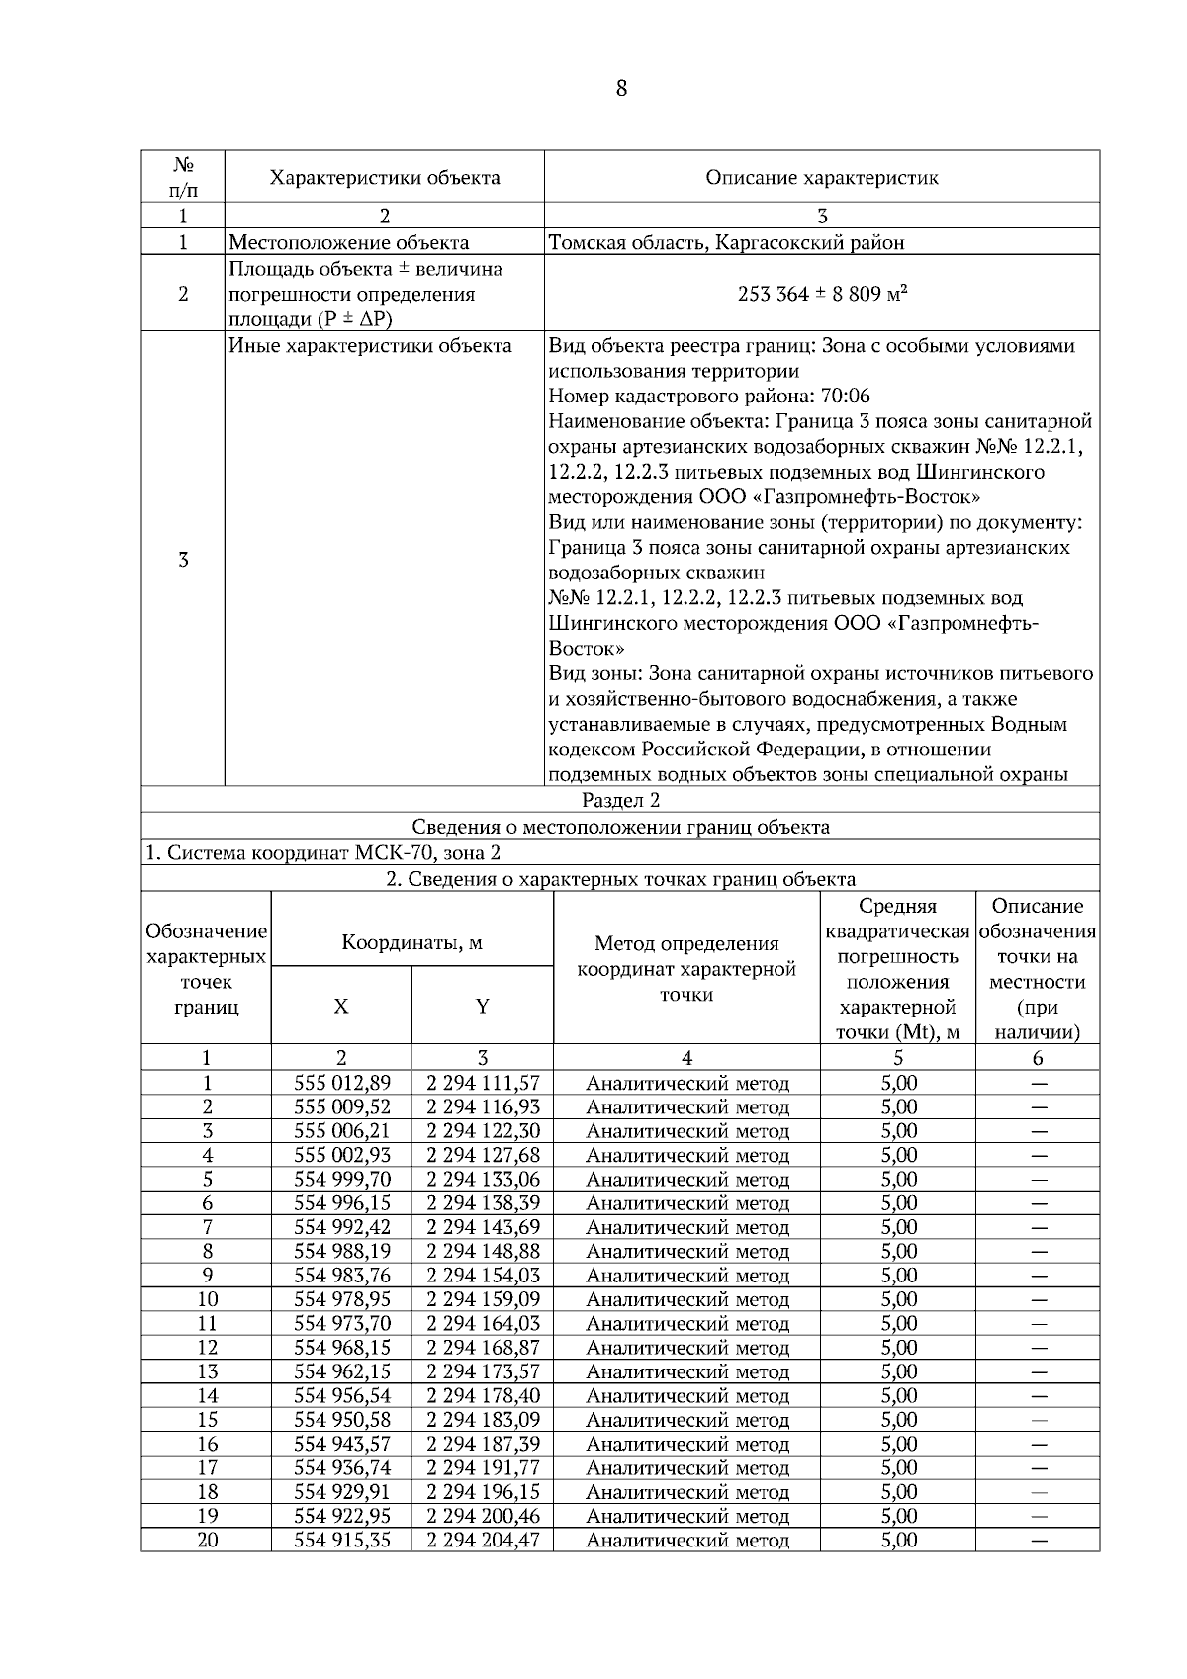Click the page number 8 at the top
click(x=620, y=89)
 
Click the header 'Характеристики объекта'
click(x=385, y=178)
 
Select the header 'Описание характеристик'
click(x=821, y=178)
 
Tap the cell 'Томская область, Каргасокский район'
click(x=726, y=242)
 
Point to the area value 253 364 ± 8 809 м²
click(x=823, y=294)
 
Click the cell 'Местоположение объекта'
click(x=349, y=242)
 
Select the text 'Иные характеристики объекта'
click(x=370, y=346)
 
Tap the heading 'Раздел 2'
click(x=620, y=800)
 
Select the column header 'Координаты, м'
click(x=411, y=942)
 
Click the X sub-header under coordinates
click(x=341, y=1007)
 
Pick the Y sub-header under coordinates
click(x=482, y=1007)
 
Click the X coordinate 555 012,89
click(x=341, y=1083)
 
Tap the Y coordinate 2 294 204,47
click(x=483, y=1540)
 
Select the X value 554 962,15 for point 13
click(x=341, y=1371)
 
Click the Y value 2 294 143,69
click(x=483, y=1227)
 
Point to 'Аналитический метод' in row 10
click(x=686, y=1299)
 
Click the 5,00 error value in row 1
click(x=898, y=1083)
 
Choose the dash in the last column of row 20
click(x=1038, y=1540)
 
